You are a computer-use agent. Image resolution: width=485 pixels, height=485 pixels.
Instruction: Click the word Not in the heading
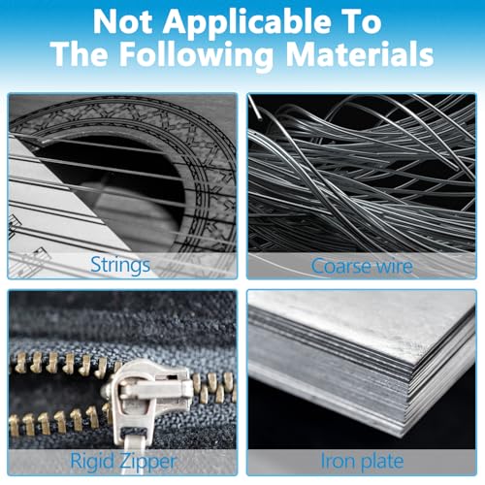tap(123, 21)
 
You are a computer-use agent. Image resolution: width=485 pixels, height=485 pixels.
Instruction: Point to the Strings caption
tap(120, 266)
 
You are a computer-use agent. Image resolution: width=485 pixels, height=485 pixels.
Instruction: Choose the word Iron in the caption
tap(338, 460)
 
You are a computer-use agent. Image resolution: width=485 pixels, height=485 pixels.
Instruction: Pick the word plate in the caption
tap(382, 462)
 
